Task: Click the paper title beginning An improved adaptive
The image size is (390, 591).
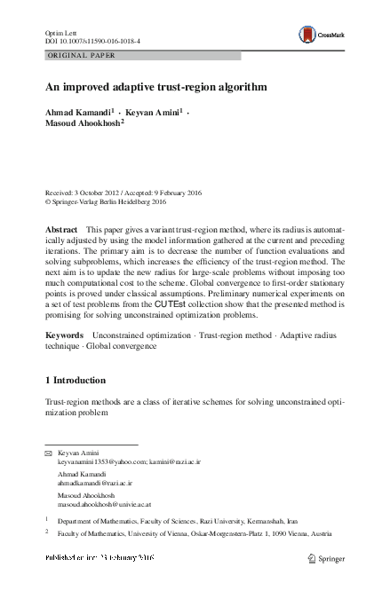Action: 155,88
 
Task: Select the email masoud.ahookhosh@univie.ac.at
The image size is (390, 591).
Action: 105,504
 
